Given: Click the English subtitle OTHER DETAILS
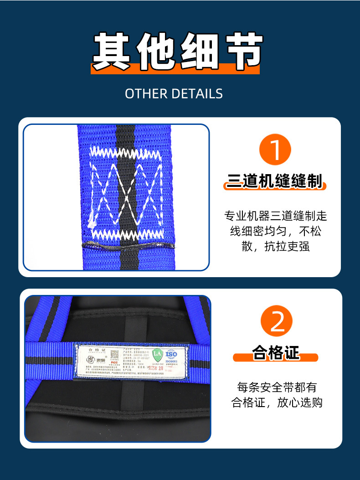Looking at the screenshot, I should (x=174, y=93).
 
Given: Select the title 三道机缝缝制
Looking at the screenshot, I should (x=274, y=182).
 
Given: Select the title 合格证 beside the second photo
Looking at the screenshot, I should (x=276, y=352).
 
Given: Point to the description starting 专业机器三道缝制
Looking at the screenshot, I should (x=275, y=231).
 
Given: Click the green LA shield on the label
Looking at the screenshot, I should (x=157, y=354).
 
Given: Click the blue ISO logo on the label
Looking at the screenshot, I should (x=171, y=354).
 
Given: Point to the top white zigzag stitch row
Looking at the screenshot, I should (x=126, y=151).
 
